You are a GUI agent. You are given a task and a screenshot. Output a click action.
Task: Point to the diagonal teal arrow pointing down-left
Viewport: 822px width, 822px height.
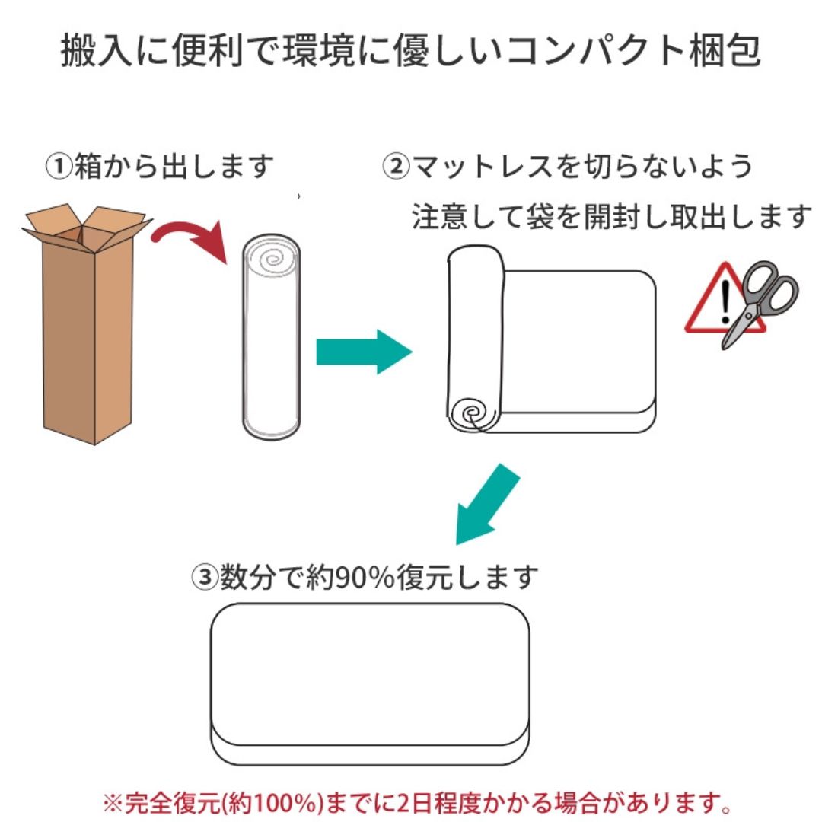tap(487, 506)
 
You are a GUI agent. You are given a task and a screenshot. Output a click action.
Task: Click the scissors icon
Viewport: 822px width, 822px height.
tap(757, 301)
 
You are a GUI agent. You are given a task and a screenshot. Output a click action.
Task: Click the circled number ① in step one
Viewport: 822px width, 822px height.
tap(59, 166)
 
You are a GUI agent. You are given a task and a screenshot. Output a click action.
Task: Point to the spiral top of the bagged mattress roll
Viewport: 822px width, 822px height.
tap(272, 259)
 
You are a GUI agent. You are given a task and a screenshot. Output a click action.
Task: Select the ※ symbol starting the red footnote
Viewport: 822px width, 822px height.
tap(111, 802)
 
